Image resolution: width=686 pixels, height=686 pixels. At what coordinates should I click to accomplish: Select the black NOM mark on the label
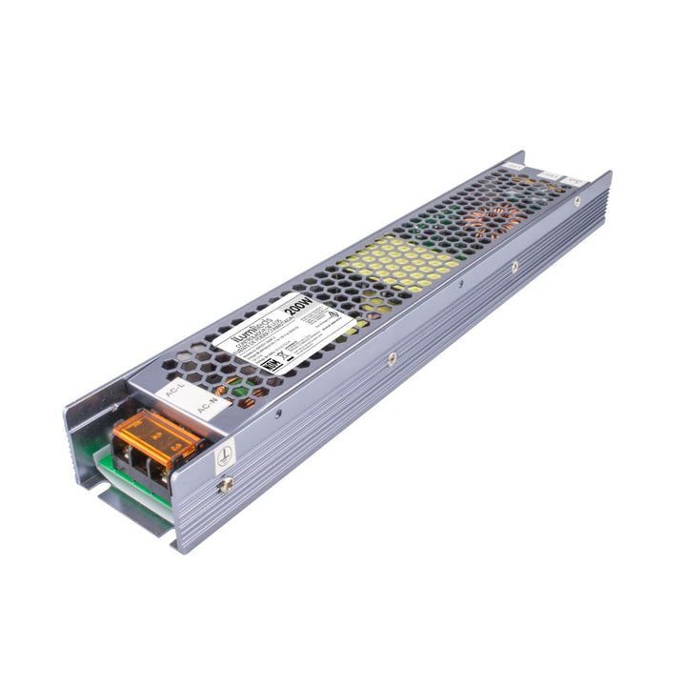pos(270,366)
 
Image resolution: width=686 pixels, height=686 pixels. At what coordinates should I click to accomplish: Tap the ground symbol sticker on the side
pos(225,455)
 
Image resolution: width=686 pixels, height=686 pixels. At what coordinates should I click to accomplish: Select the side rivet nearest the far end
pos(575,202)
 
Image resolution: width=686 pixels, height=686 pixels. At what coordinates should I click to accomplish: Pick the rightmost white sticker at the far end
pos(578,178)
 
